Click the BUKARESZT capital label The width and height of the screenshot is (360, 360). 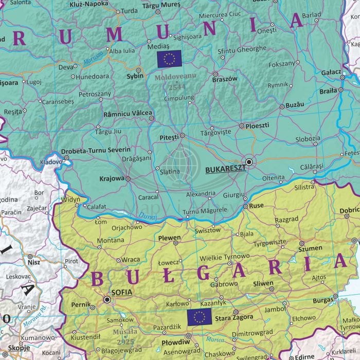point(224,168)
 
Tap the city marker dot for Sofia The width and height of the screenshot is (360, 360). point(107,299)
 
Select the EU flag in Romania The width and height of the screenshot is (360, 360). point(169,59)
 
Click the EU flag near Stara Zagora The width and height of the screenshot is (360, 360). point(199,317)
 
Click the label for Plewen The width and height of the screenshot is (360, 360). point(170,238)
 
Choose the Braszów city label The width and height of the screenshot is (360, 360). point(225,79)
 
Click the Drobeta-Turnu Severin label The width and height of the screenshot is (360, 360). point(96,151)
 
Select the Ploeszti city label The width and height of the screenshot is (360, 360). point(258,125)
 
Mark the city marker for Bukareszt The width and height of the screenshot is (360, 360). point(249,161)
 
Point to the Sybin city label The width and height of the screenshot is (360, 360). point(135,76)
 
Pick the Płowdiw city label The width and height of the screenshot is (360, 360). point(172,341)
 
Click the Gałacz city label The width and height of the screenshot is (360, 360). point(331,73)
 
